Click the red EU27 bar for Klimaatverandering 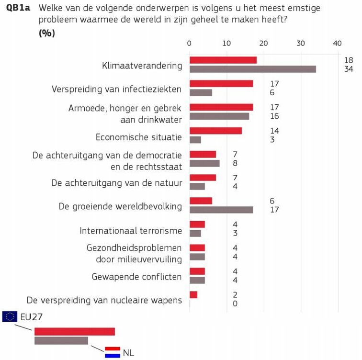[223, 60]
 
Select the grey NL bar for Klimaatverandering [252, 69]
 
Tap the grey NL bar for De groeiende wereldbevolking [221, 210]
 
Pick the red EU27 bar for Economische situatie [215, 131]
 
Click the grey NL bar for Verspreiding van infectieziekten [201, 93]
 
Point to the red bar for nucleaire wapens [193, 294]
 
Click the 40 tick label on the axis [337, 44]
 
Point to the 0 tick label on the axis [190, 44]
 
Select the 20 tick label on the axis [263, 44]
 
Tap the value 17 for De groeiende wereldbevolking [274, 210]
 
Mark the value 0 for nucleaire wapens [235, 304]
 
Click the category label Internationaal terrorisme [131, 231]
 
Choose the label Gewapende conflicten [136, 277]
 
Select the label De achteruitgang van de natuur [116, 183]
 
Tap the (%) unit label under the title [47, 33]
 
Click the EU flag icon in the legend [10, 316]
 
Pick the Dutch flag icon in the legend [113, 352]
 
